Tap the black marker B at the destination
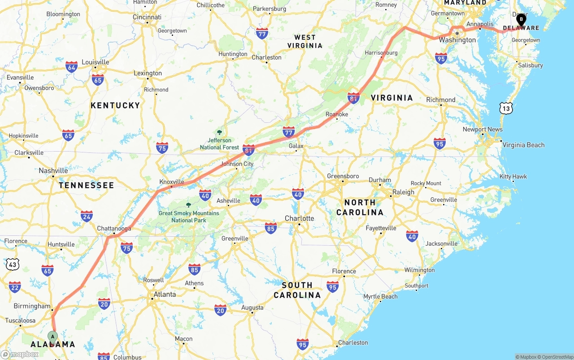[x=521, y=20]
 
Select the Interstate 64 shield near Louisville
[x=71, y=67]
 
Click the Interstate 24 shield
[x=87, y=216]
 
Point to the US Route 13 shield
[x=506, y=108]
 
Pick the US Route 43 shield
[x=13, y=265]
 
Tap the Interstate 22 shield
[x=15, y=286]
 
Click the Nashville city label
[x=53, y=171]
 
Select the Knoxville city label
[x=172, y=182]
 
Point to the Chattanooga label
[x=114, y=229]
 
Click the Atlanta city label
[x=165, y=295]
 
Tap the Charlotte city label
[x=300, y=219]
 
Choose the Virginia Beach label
[x=523, y=145]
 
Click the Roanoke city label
[x=337, y=114]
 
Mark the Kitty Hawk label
[x=513, y=177]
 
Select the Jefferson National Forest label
[x=220, y=144]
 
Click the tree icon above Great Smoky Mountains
[x=188, y=205]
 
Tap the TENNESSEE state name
[x=87, y=185]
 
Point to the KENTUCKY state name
[x=115, y=105]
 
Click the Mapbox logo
[x=20, y=355]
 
